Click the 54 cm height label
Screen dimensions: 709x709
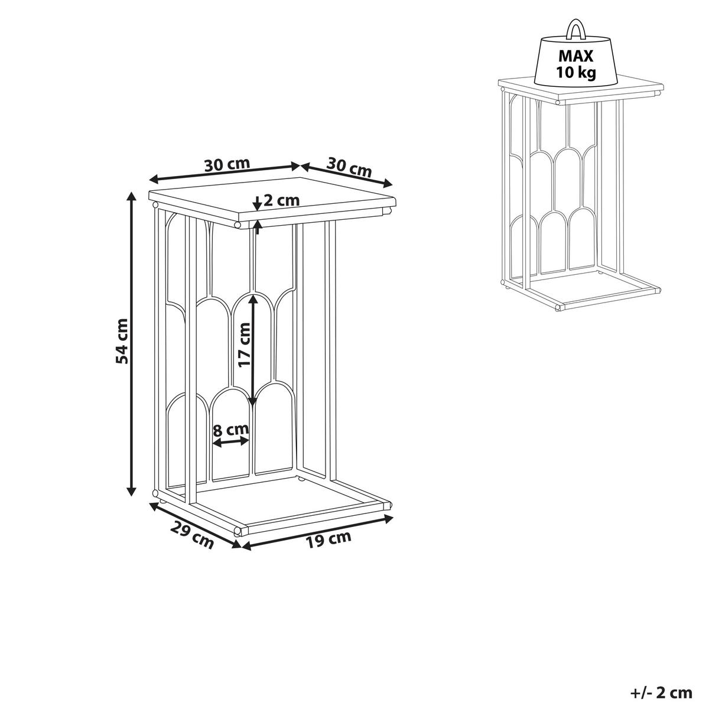point(122,341)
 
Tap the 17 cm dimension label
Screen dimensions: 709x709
point(244,344)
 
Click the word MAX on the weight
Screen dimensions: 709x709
point(576,56)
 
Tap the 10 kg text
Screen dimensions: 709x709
point(576,73)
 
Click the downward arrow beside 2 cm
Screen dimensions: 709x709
point(258,203)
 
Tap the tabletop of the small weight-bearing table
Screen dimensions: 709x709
point(581,87)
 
